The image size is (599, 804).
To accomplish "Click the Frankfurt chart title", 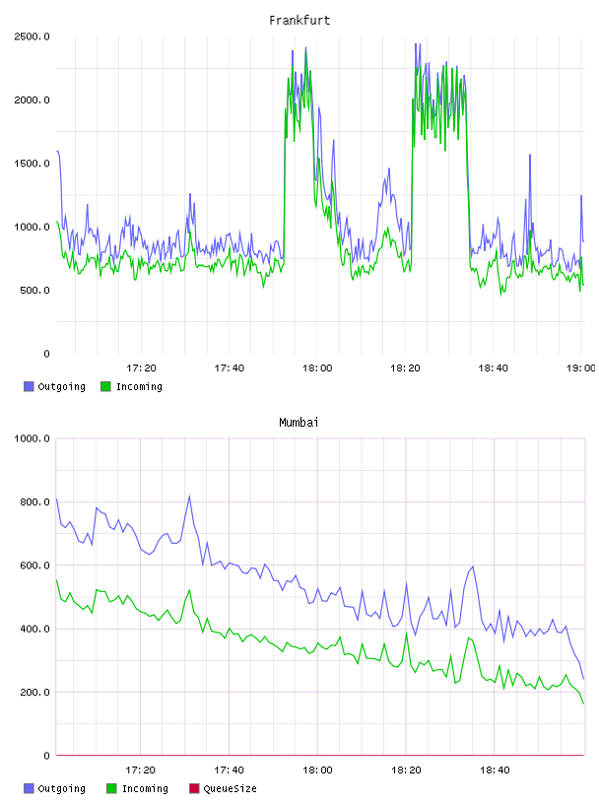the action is click(x=299, y=21).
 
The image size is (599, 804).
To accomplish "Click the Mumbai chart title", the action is click(x=299, y=423).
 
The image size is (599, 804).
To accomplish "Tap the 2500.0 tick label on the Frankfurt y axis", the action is click(x=32, y=36).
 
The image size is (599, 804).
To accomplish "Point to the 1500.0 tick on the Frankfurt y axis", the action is click(x=32, y=164).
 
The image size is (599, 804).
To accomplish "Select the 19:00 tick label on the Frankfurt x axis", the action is click(x=580, y=368).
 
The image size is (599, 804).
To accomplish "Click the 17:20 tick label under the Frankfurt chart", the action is click(x=141, y=368).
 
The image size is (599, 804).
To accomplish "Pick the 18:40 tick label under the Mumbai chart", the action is click(x=495, y=770).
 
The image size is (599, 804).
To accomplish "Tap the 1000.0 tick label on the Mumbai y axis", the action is click(x=32, y=438).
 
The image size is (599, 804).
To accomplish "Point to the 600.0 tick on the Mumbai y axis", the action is click(x=34, y=566).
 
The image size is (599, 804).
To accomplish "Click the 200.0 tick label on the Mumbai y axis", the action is click(x=34, y=693).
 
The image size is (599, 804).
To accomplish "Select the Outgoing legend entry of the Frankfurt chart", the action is click(x=55, y=386).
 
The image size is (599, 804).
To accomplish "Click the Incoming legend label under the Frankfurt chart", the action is click(x=139, y=386).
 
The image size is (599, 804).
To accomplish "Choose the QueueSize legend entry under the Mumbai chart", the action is click(x=223, y=788).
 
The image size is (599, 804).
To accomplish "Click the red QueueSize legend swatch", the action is click(x=194, y=788).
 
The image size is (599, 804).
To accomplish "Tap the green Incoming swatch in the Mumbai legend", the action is click(x=111, y=788).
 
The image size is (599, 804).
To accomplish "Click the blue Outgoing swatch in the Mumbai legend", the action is click(x=29, y=788).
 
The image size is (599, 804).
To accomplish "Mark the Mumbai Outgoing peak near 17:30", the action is click(x=189, y=497).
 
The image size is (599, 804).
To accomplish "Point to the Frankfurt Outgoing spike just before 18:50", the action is click(x=530, y=155).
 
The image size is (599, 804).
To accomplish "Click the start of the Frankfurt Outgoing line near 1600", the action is click(x=57, y=152).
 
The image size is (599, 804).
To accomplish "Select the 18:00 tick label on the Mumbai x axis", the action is click(x=317, y=770).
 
